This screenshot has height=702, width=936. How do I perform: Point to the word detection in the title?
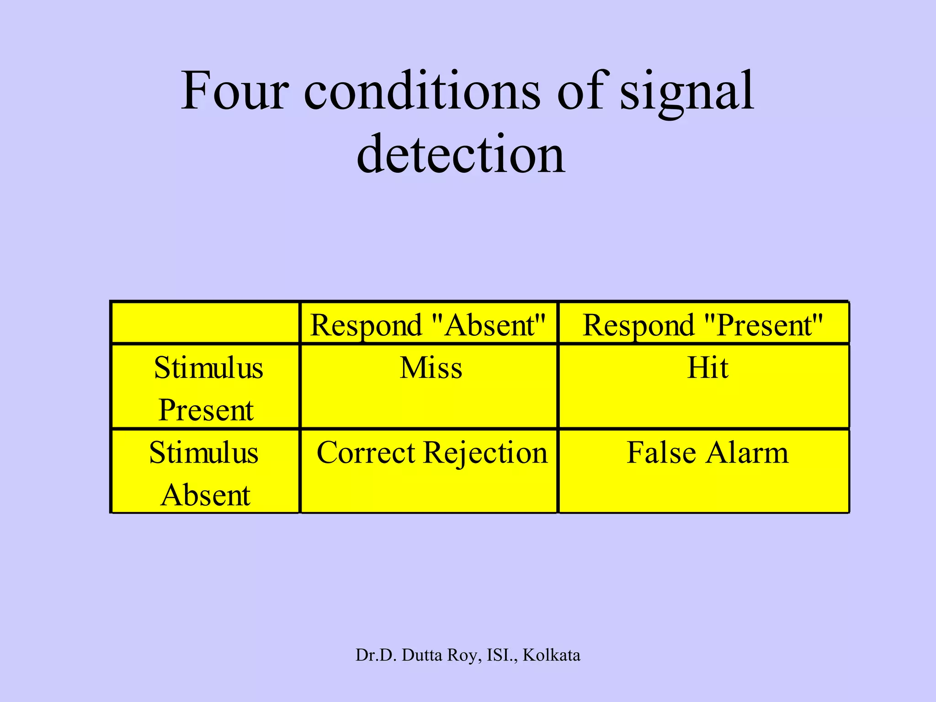tap(461, 154)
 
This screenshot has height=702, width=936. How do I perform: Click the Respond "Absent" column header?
tap(428, 326)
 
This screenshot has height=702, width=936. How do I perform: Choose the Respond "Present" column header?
tap(703, 326)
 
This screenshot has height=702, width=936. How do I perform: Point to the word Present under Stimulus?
tap(206, 410)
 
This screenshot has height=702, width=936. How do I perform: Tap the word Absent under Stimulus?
tap(206, 495)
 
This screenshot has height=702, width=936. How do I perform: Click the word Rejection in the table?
tap(485, 453)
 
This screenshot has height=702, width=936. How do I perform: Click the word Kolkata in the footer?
tap(551, 655)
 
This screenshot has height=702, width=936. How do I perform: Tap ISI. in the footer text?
tap(502, 655)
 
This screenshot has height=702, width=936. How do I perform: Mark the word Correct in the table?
tap(366, 453)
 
